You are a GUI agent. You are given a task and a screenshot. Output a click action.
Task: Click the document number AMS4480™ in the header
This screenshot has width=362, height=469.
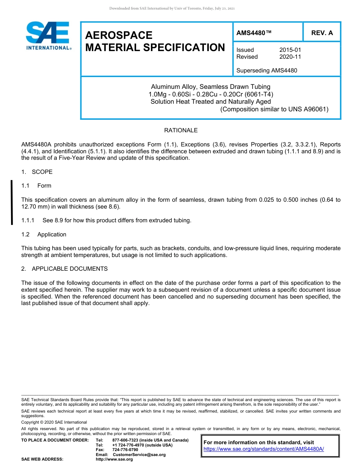coord(254,33)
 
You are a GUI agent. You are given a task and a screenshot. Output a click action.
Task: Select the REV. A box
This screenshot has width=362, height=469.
coord(322,33)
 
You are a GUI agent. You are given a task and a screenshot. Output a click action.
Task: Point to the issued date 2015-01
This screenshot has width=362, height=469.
coord(290,50)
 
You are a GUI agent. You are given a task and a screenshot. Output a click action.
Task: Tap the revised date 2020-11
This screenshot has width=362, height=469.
coord(290,57)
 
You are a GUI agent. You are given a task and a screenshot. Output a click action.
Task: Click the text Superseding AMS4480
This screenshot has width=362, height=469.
coord(266,70)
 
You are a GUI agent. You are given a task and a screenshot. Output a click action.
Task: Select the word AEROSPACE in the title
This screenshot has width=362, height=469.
coord(119,35)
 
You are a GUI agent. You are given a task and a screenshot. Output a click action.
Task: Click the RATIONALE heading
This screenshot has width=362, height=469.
coord(181,130)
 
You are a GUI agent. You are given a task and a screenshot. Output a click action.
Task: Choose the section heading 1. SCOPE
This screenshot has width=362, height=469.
coord(37,172)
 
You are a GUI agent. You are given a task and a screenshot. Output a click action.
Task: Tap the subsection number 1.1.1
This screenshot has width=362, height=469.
coord(28,220)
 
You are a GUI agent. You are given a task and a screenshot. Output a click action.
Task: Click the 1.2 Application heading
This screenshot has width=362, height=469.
coord(44,234)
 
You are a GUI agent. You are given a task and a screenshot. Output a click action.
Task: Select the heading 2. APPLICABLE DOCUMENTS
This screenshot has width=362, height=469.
coord(64,269)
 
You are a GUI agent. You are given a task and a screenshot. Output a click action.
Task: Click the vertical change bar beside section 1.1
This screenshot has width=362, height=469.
coord(12,202)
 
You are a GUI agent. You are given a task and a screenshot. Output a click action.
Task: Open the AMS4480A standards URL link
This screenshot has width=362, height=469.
coord(264,449)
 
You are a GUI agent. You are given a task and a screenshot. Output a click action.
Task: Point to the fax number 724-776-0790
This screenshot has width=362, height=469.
coord(125,450)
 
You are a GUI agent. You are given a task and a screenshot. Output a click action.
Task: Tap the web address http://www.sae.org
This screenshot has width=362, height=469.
coord(114,459)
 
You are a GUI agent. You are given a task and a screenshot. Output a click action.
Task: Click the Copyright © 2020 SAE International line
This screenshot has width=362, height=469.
coord(54,422)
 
